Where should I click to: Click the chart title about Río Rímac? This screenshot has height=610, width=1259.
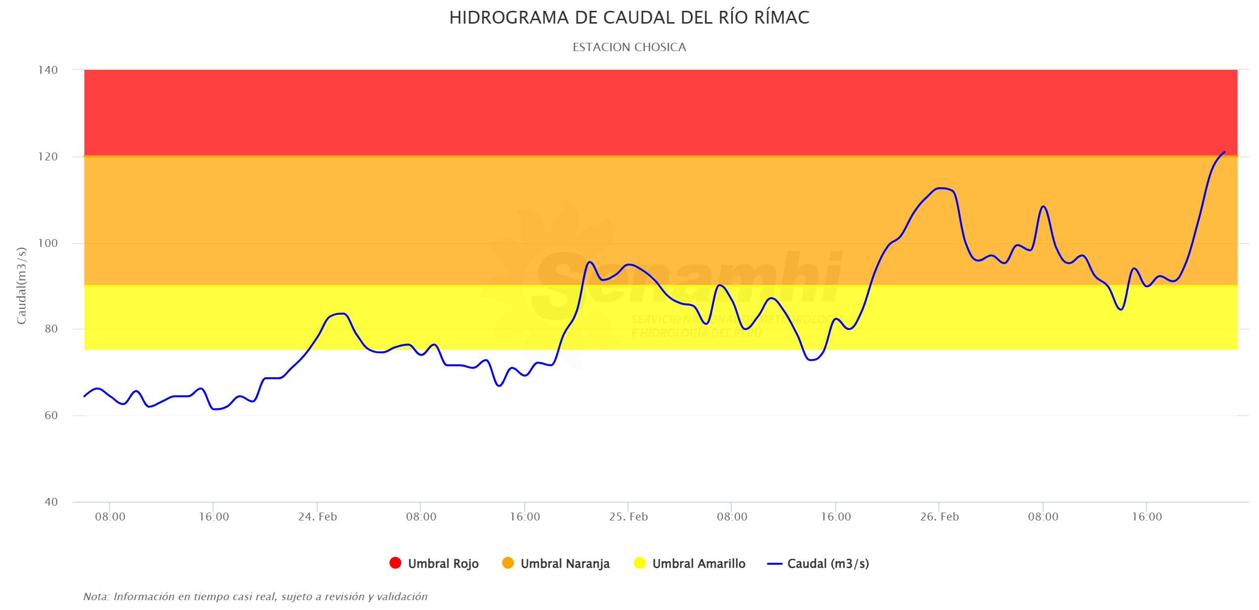[629, 18]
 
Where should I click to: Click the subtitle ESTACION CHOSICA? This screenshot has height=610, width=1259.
[629, 47]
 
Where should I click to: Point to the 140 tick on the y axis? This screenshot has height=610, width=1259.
[48, 70]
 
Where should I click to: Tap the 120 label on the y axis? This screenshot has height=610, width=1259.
[48, 157]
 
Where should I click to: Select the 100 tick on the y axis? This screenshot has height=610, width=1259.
[48, 243]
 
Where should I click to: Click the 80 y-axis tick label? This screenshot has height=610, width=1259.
[51, 329]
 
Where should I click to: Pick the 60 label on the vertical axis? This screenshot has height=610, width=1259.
[51, 415]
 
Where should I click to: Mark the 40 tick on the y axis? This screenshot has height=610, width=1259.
[51, 502]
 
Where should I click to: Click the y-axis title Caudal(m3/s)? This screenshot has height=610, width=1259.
[21, 286]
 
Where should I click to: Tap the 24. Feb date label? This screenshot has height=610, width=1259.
[318, 517]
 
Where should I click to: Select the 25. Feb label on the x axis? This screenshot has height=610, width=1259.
[629, 517]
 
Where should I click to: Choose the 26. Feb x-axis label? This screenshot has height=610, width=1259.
[939, 517]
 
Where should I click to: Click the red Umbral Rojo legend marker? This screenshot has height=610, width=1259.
[395, 563]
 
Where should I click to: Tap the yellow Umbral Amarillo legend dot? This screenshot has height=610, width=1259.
[640, 563]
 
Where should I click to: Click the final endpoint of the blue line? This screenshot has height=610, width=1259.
[1224, 152]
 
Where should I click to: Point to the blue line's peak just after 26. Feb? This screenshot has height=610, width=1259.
[941, 188]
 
